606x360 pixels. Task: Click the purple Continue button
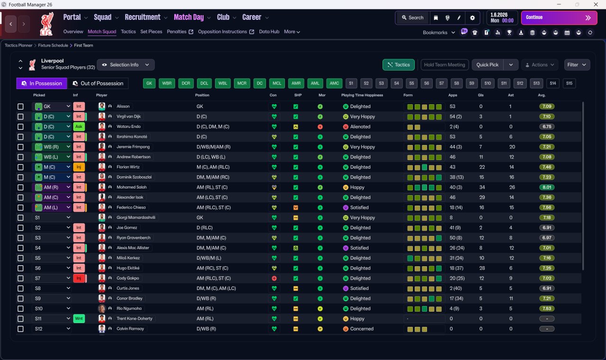pos(559,18)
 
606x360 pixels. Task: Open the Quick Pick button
pos(487,65)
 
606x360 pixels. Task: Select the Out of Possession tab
pos(98,83)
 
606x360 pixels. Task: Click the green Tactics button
pos(399,65)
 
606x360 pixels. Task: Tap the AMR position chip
pos(296,83)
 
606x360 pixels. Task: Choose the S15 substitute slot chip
pos(569,83)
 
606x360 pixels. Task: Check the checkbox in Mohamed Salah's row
pos(20,187)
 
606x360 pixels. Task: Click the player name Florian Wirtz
pos(128,167)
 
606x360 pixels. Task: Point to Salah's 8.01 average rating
pos(547,187)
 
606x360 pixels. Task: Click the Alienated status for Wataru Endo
pos(360,126)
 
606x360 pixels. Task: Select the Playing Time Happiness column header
pos(362,95)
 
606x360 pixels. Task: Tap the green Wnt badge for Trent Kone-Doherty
pos(79,319)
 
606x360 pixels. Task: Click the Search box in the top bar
pos(412,18)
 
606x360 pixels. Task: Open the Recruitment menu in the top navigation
pos(143,18)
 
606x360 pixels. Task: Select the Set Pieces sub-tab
pos(151,32)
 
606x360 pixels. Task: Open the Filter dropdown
pos(577,65)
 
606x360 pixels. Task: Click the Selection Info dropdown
pos(125,65)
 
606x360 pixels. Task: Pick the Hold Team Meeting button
pos(445,65)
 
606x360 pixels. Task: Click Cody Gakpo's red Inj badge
pos(79,278)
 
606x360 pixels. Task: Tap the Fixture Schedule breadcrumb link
pos(53,45)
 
